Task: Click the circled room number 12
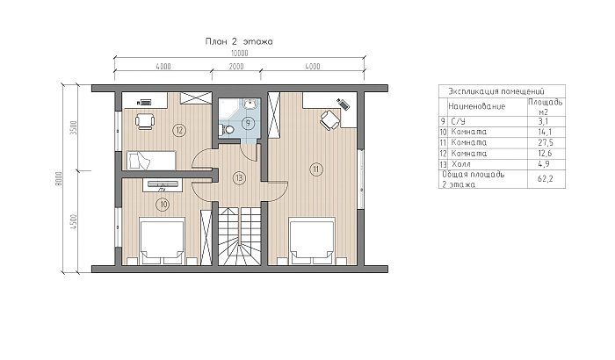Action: [x=179, y=130]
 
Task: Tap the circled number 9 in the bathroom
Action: [x=249, y=123]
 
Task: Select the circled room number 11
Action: [x=316, y=169]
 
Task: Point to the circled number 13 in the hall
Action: [x=238, y=178]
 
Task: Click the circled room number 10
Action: [x=163, y=204]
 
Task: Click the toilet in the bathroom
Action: [x=227, y=129]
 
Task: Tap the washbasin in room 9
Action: [x=250, y=103]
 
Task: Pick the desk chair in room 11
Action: [x=329, y=119]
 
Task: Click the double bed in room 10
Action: [x=163, y=241]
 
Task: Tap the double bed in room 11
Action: [x=312, y=241]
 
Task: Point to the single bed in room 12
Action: [x=151, y=161]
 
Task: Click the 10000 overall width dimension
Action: [x=239, y=53]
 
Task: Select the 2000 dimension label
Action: [x=236, y=66]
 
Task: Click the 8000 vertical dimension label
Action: [x=59, y=178]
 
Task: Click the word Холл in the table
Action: [x=461, y=164]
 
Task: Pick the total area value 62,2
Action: [x=546, y=179]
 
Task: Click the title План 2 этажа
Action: [x=239, y=41]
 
